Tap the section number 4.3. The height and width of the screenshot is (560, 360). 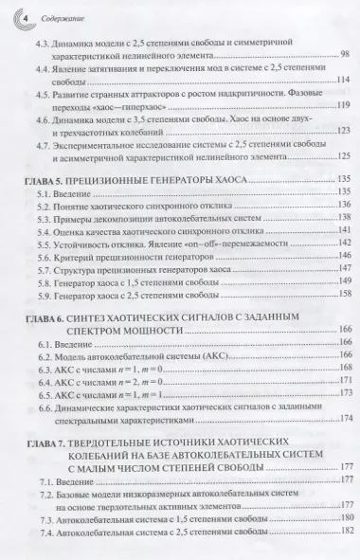(45, 45)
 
